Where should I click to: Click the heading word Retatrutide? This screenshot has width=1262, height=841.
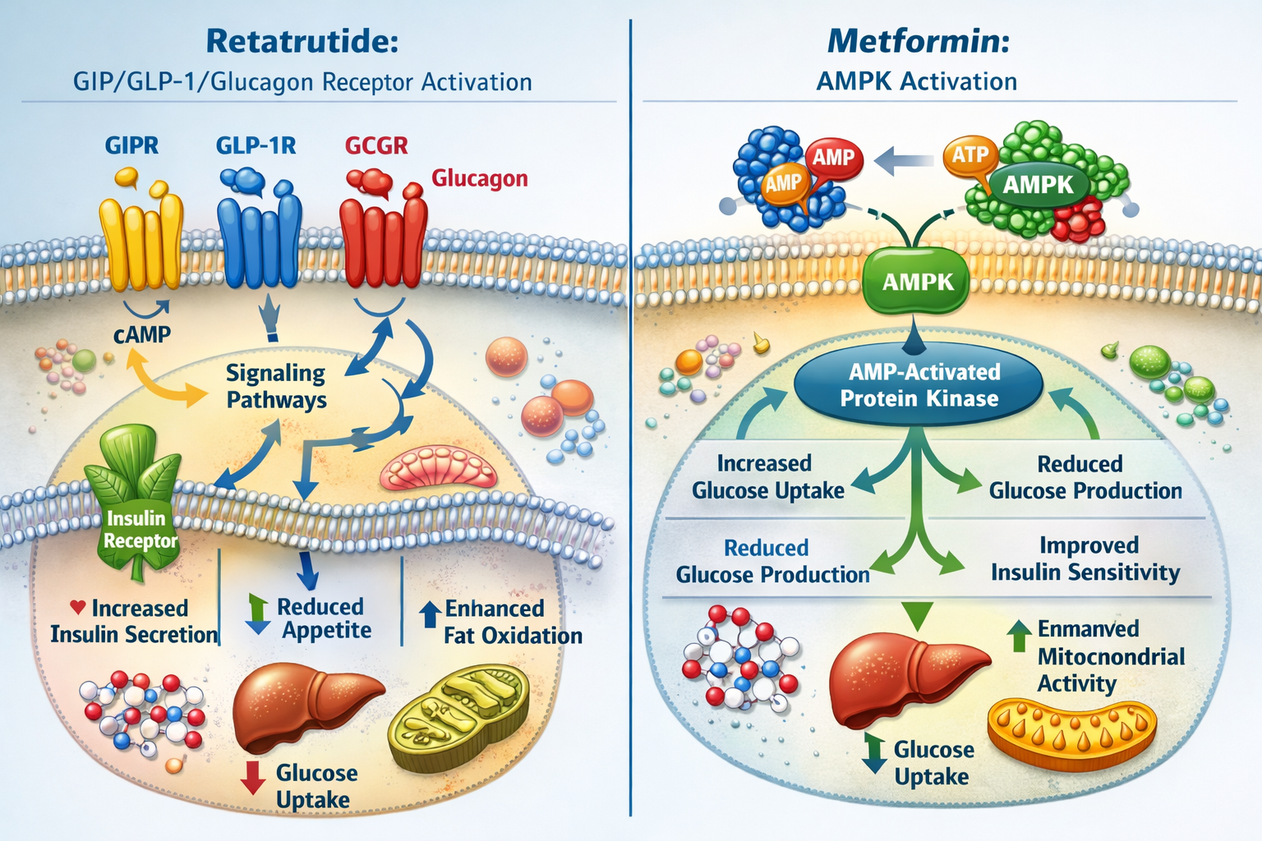(x=302, y=41)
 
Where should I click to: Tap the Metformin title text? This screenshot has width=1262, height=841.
(x=917, y=41)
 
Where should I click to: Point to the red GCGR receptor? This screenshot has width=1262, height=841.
(x=383, y=242)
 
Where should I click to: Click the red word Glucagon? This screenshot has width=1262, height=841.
(x=480, y=178)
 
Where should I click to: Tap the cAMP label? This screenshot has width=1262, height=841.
(x=142, y=335)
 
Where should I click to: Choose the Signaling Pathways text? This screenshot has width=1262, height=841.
(x=276, y=386)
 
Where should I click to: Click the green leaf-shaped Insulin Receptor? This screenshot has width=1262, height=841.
(x=136, y=509)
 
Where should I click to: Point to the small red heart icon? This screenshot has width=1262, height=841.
(x=78, y=608)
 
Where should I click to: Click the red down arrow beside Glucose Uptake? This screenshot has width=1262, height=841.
(x=253, y=777)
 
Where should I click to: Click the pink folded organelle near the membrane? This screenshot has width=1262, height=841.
(x=439, y=470)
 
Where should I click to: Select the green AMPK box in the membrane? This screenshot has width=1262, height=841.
(x=917, y=282)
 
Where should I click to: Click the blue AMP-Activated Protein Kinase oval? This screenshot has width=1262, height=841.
(x=919, y=385)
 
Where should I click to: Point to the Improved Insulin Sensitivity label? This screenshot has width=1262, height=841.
(x=1085, y=558)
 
